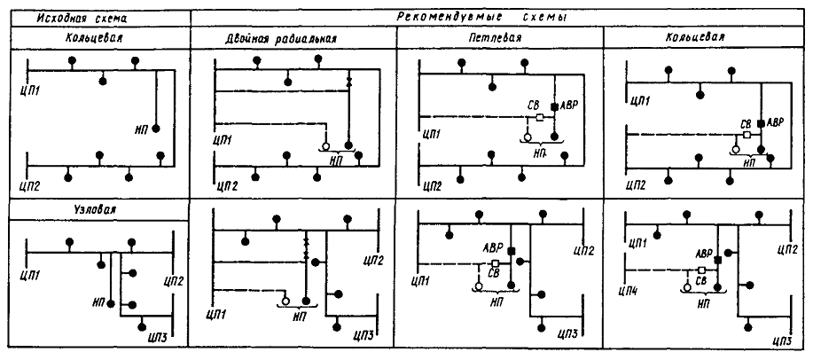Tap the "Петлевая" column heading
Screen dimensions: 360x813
coord(496,39)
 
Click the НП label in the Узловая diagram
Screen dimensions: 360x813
coord(98,302)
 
